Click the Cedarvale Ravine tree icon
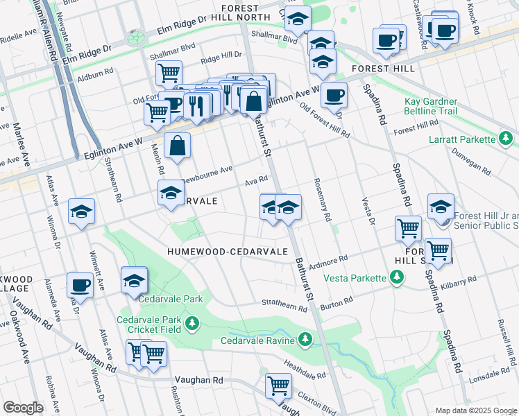click(304, 339)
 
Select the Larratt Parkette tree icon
click(507, 139)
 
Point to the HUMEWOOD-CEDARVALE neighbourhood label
click(227, 251)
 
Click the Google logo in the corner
click(23, 408)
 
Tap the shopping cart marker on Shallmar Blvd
click(169, 72)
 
